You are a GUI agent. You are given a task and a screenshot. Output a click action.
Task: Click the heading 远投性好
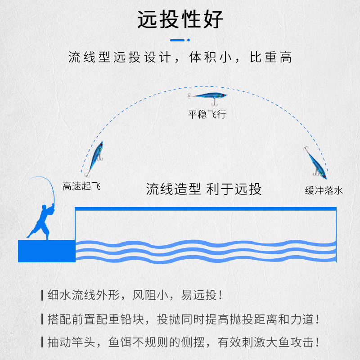click(180, 20)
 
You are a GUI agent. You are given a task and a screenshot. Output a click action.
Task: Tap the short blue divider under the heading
click(180, 40)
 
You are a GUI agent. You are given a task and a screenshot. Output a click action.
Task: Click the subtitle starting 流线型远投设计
click(180, 58)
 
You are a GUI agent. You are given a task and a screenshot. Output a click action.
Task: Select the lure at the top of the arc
click(207, 97)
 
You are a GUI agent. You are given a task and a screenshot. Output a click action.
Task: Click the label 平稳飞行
click(207, 114)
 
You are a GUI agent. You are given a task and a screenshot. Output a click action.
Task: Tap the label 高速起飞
click(81, 186)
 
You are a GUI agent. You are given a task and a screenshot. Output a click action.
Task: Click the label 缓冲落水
click(324, 190)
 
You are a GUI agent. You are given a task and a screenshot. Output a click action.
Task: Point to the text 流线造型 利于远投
click(203, 189)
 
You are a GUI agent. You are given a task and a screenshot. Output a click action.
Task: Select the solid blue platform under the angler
click(46, 251)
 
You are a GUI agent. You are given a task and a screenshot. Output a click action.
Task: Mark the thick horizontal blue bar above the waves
click(205, 209)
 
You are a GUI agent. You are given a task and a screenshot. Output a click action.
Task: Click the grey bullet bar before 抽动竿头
click(42, 342)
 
